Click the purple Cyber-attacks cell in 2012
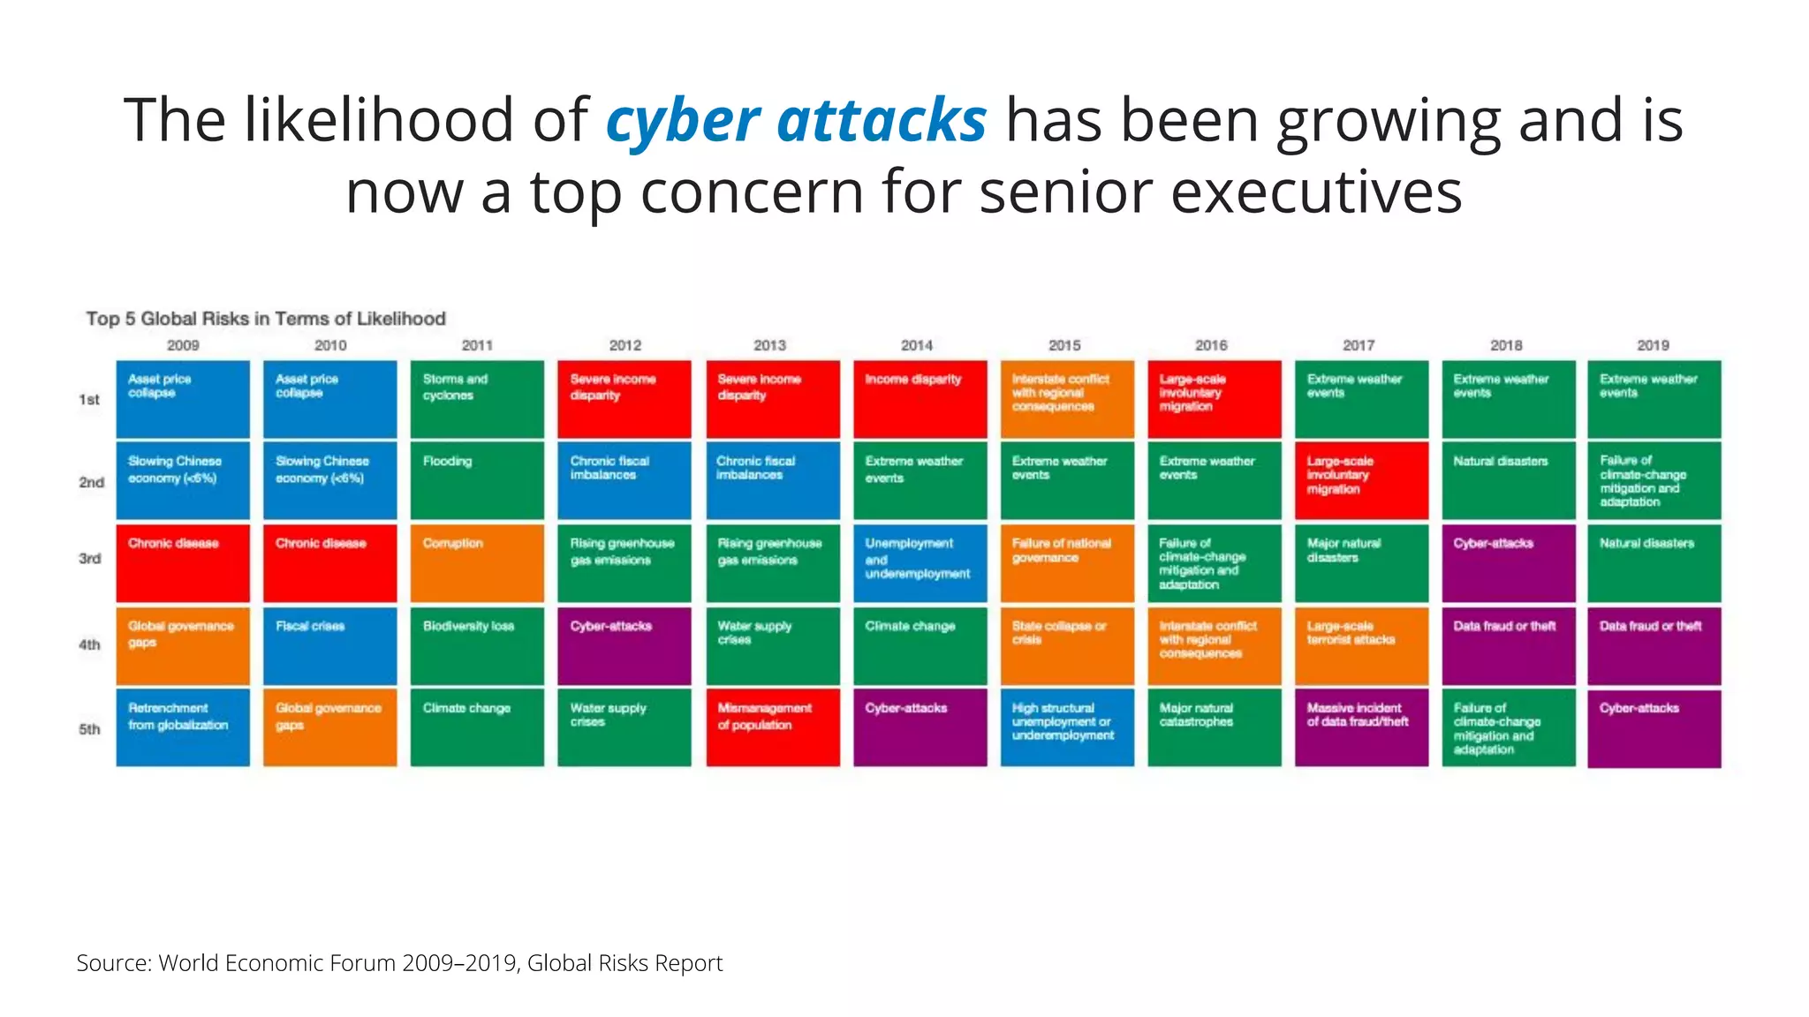pos(624,645)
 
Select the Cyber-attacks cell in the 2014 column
pos(920,727)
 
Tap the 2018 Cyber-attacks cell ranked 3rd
pos(1508,563)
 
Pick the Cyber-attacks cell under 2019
pos(1654,727)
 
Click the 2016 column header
pos(1211,345)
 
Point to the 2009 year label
pos(183,345)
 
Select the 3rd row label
pos(89,559)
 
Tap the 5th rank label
pos(89,729)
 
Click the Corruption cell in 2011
pos(477,563)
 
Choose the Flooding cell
pos(477,480)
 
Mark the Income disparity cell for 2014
pos(920,398)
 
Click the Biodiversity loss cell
pos(477,645)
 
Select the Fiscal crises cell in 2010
pos(329,645)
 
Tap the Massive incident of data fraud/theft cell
pos(1361,727)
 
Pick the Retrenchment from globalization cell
pos(183,727)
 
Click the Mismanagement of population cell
pos(772,727)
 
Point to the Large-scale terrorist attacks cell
pos(1361,645)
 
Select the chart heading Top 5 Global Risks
pos(265,319)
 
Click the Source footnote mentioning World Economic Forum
pos(399,963)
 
